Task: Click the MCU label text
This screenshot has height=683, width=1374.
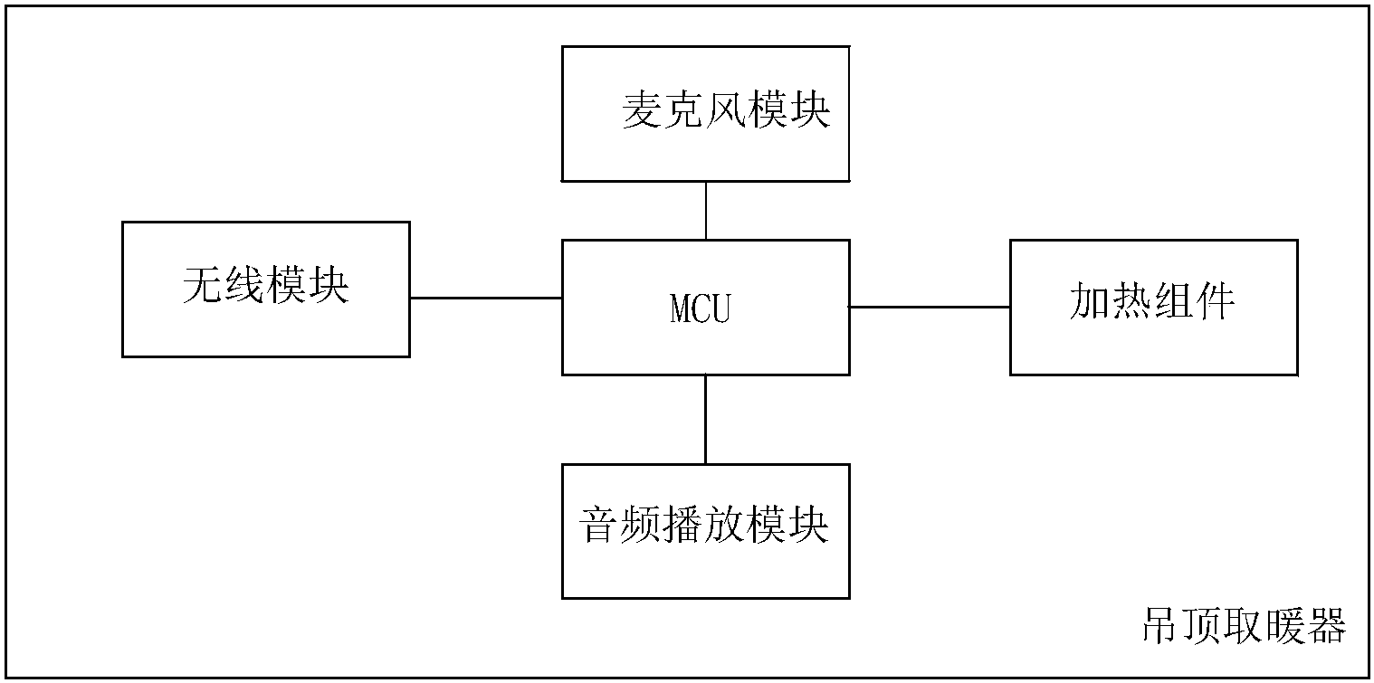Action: (700, 308)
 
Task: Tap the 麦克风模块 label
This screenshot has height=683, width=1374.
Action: (726, 110)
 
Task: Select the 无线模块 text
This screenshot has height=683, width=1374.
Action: (266, 285)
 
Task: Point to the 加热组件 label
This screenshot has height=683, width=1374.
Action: (1152, 301)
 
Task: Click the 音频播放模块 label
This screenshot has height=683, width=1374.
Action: (704, 524)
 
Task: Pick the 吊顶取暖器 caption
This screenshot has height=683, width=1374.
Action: (1245, 626)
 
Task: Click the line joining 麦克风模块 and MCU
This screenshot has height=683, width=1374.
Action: (706, 210)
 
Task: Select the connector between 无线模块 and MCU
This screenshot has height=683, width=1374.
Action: (486, 298)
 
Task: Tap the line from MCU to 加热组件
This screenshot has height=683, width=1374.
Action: (930, 307)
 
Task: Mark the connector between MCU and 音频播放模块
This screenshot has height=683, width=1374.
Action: (705, 420)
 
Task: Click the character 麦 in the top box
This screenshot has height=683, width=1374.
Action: (643, 110)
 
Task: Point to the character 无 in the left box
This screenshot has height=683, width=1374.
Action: (203, 285)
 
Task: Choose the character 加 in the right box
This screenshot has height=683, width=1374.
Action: (1090, 301)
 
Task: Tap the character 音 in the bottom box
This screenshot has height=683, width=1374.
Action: (599, 525)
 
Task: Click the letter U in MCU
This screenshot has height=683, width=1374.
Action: (721, 308)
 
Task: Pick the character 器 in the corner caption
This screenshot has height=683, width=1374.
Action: (1327, 626)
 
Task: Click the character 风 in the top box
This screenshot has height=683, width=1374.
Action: (726, 110)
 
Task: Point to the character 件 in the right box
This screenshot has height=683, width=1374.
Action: (1215, 301)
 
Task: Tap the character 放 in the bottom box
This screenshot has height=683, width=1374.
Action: (725, 524)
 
